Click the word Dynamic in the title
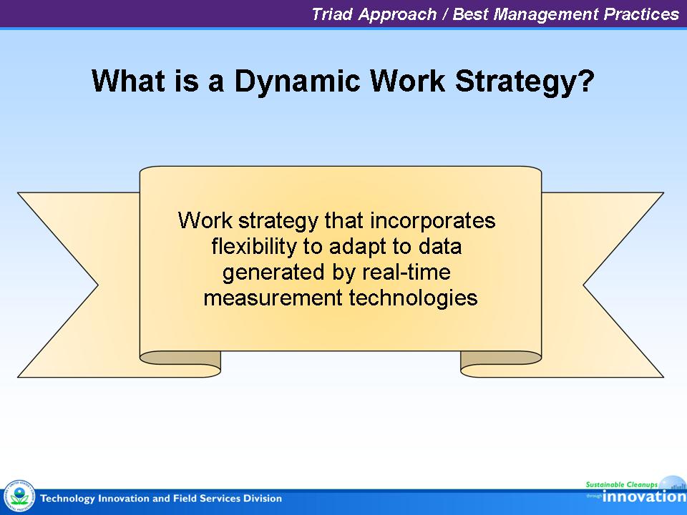(298, 82)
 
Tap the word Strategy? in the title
(525, 82)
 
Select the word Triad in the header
(332, 14)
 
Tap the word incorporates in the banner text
(433, 221)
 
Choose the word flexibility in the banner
(254, 246)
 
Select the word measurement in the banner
(273, 298)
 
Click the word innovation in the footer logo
(644, 496)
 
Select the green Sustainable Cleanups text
(622, 484)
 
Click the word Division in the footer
(263, 499)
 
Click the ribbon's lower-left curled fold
(180, 363)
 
